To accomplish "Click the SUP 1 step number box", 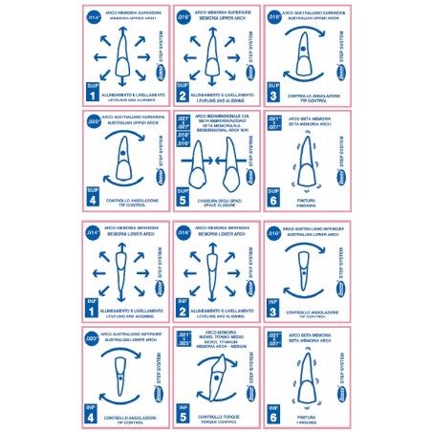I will coord(93,92).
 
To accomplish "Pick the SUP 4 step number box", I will coord(93,198).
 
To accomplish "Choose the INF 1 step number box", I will coord(93,305).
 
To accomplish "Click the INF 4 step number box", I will coord(93,412).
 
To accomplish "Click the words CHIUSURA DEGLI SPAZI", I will coord(222,201).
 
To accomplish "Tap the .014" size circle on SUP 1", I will coord(94,18).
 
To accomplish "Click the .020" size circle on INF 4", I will coord(94,338).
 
